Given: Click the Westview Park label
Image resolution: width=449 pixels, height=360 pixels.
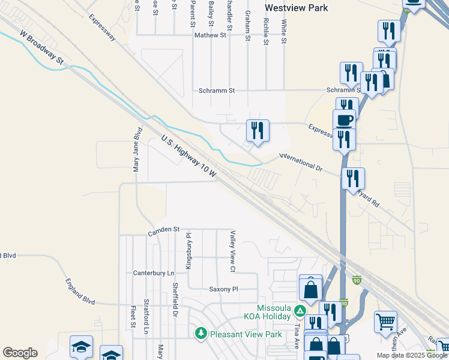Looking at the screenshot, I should click(297, 8).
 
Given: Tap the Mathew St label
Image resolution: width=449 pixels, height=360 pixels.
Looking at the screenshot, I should click(210, 35).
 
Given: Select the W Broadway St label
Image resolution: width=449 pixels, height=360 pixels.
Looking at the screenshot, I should click(41, 48).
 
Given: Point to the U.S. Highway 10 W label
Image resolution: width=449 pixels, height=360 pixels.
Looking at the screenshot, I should click(189, 155).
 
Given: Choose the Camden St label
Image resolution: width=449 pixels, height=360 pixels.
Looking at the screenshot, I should click(164, 229).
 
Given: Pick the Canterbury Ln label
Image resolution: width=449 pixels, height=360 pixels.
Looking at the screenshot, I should click(154, 273).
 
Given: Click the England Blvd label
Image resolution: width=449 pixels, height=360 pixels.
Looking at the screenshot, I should click(80, 291).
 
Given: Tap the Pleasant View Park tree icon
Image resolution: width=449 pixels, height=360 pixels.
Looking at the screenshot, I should click(200, 332).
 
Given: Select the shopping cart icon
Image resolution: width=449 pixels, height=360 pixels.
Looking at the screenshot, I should click(385, 321).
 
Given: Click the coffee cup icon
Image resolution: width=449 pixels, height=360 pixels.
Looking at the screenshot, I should click(344, 119).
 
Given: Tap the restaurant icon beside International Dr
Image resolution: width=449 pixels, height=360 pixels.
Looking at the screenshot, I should click(258, 130).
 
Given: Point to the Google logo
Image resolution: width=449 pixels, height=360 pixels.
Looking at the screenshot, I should click(20, 353).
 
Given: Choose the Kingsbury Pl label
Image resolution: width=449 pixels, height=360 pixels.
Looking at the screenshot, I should click(188, 251).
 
